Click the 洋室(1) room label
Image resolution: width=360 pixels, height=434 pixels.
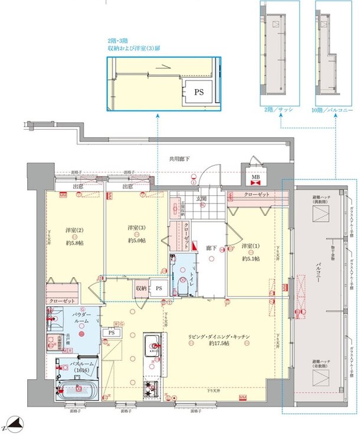[251, 245]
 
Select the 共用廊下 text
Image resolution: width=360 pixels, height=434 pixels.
[179, 158]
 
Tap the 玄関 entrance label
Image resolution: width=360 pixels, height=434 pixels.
[201, 199]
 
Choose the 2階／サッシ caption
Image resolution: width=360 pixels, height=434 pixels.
[279, 110]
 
